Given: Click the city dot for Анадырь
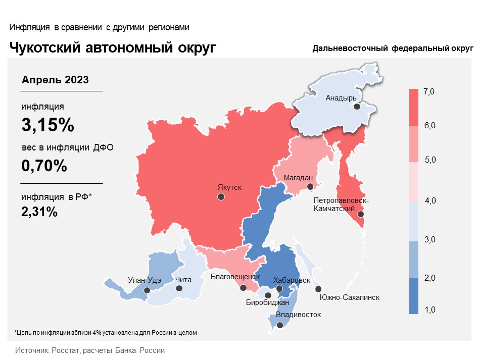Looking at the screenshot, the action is point(357,107).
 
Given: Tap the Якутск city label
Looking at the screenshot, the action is point(229,187).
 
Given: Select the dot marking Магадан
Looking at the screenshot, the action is point(310,187).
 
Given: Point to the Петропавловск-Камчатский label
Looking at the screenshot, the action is point(341,204).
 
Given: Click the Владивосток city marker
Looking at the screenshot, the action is point(280,325).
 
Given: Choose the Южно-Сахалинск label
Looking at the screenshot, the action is point(350,297).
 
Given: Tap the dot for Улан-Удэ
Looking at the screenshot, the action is point(147,290).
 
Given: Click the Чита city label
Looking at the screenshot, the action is point(183,280).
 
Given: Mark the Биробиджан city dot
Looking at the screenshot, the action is point(268,295).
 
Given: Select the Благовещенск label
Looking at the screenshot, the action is point(235,277).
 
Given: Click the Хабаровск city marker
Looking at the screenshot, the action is point(279,288).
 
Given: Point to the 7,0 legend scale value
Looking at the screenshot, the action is point(429,92).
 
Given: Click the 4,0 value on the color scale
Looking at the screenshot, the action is point(430,200).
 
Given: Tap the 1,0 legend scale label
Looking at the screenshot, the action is point(430,310).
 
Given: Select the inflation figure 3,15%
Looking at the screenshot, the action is point(48,125).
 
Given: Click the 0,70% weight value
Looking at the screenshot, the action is point(44,166).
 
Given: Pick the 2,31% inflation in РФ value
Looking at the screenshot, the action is point(39,212).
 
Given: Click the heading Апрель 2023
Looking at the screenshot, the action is point(55,80).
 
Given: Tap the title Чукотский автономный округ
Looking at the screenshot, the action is point(113,48).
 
